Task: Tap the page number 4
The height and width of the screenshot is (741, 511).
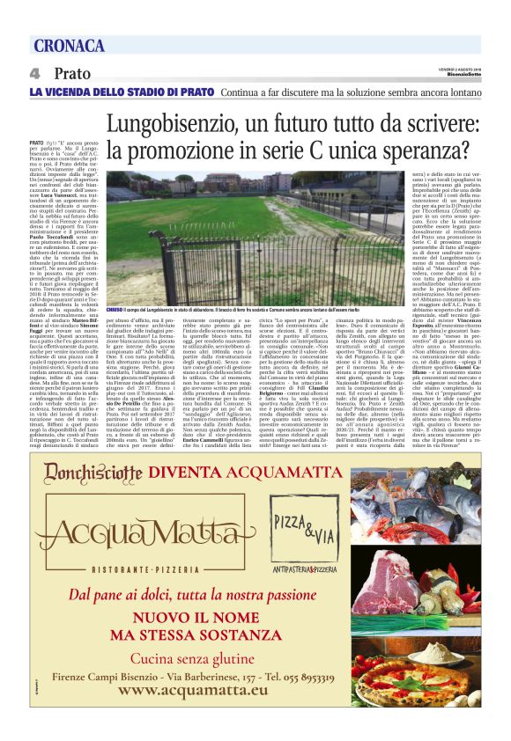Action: (x=34, y=74)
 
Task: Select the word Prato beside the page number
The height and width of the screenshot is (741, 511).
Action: (x=71, y=74)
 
